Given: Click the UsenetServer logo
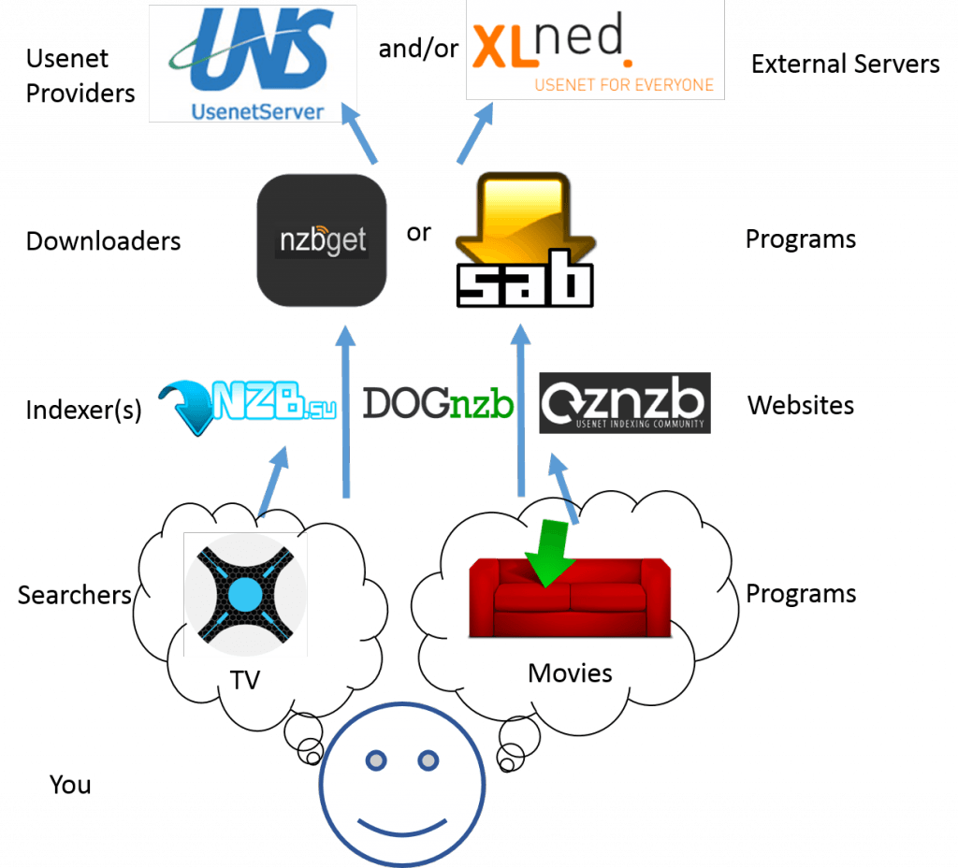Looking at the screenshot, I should point(253,64).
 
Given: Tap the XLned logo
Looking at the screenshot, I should point(595,50).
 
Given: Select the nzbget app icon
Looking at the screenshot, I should point(321,240).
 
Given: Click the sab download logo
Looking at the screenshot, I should point(524,241).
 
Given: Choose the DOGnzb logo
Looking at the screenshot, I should point(438,403).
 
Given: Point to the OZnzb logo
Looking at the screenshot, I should point(624,403).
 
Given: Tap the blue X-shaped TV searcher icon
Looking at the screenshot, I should point(246,593).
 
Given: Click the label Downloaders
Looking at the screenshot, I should point(103,241).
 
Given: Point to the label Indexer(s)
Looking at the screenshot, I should point(83,410).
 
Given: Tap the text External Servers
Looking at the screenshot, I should point(845,64).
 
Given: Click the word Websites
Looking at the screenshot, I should point(800,405).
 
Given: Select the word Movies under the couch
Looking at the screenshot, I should point(570,673).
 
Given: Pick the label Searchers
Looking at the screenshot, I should point(75,594).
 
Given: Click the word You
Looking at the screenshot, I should point(70,784).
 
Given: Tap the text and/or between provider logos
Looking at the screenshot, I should point(419,50).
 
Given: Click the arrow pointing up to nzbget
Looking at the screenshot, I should point(346,412).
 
